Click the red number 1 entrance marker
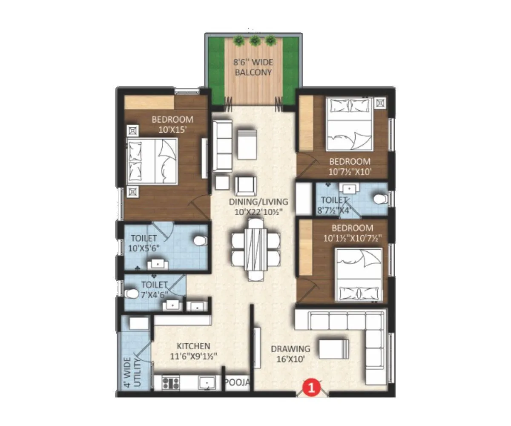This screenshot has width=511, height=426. click(x=311, y=388)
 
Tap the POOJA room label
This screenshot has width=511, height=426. click(x=237, y=383)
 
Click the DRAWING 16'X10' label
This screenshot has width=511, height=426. click(x=290, y=354)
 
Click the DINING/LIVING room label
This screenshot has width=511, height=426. click(x=258, y=206)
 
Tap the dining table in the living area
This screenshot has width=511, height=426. click(x=255, y=249)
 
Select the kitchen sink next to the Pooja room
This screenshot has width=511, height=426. click(x=207, y=383)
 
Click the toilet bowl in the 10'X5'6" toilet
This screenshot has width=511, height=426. click(x=199, y=241)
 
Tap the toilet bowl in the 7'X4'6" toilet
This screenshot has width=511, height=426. click(x=132, y=293)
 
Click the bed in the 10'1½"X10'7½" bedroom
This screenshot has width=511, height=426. click(x=358, y=275)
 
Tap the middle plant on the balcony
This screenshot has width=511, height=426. click(x=255, y=41)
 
